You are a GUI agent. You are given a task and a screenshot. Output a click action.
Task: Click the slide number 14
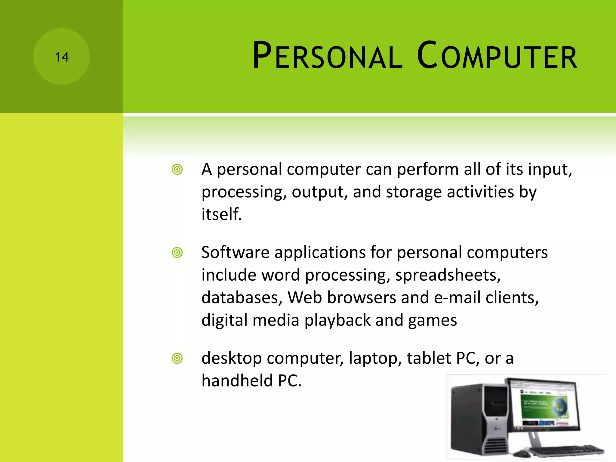62,57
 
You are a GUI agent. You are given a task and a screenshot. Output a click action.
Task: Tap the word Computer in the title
497,56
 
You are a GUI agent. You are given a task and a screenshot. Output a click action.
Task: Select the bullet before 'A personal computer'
177,170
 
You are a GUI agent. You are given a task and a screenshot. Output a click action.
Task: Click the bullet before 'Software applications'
177,253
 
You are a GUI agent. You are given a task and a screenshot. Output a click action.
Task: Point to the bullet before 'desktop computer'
177,359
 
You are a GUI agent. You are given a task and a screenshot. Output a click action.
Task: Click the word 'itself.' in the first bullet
221,214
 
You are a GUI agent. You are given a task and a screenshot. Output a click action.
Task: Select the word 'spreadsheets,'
448,275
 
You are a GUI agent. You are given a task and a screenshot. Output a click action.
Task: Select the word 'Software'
235,252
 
